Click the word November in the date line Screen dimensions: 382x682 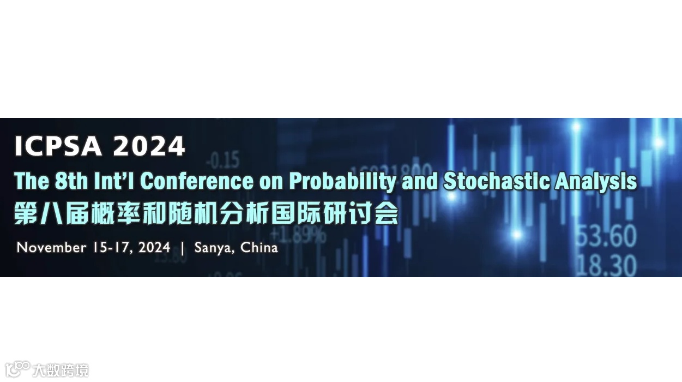pyautogui.click(x=51, y=248)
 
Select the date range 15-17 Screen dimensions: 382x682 pyautogui.click(x=111, y=248)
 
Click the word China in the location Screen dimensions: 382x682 pyautogui.click(x=259, y=248)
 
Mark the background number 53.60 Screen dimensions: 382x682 pyautogui.click(x=606, y=236)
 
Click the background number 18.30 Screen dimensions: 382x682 pyautogui.click(x=606, y=266)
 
